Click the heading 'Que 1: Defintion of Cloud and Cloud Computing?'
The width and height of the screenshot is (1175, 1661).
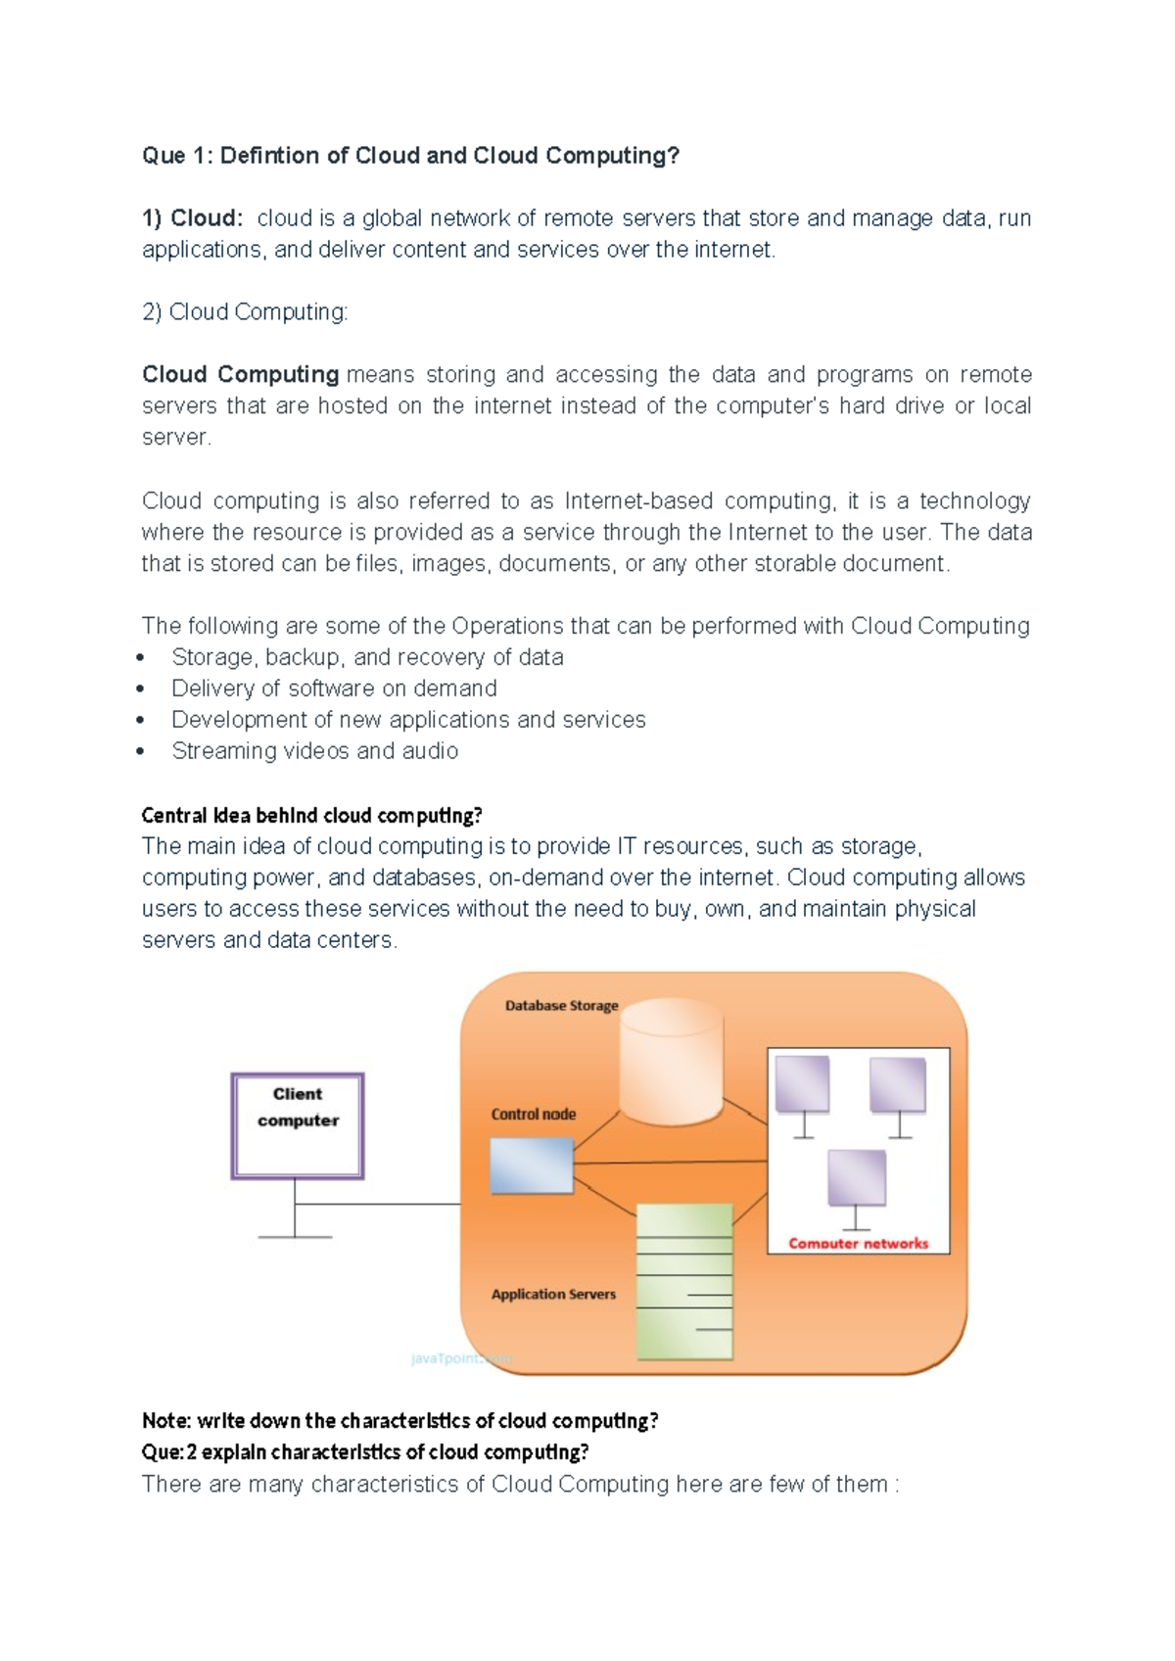410,156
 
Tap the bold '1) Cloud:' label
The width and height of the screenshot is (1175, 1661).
192,218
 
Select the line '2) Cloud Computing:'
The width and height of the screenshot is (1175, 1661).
245,312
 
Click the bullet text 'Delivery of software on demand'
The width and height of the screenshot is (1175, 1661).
334,688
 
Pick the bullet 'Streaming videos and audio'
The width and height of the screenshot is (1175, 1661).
314,751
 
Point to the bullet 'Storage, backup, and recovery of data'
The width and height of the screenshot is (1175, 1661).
367,657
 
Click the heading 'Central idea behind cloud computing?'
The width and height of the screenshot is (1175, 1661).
311,815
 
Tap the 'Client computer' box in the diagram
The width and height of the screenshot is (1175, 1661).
298,1126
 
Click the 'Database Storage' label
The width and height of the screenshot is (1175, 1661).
561,1006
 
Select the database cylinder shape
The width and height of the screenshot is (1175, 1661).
672,1063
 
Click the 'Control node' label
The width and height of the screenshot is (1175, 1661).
534,1115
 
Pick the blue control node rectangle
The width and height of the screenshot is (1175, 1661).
532,1165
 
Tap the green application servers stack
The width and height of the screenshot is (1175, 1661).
684,1281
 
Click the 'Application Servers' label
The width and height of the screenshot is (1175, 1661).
553,1295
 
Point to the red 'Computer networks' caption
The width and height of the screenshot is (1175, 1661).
858,1244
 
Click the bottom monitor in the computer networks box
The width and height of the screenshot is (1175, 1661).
857,1179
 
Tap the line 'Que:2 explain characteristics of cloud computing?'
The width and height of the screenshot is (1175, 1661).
365,1451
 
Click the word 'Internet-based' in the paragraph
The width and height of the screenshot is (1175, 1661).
637,501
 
